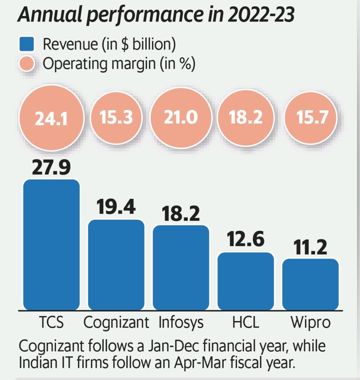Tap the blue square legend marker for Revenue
click(26, 45)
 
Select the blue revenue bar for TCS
click(51, 245)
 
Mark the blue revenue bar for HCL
click(246, 281)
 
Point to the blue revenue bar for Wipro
click(311, 284)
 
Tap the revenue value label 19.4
click(116, 207)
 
